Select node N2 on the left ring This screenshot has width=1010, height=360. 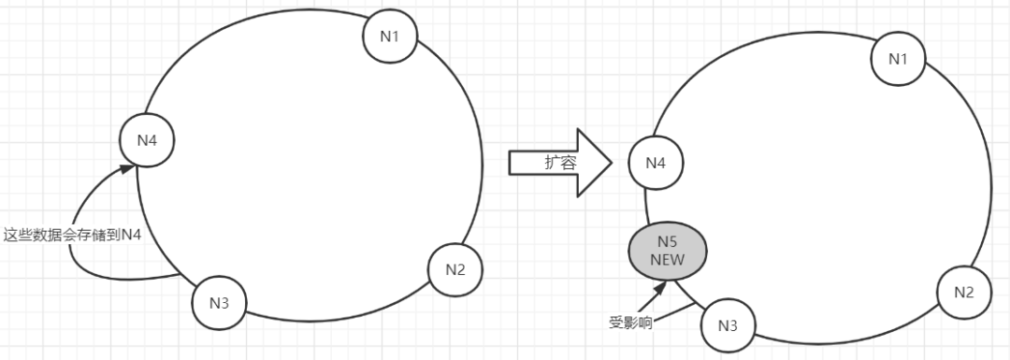455,270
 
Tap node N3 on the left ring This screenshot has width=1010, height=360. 219,301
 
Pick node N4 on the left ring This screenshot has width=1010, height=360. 148,141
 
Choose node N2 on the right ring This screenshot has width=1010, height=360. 963,291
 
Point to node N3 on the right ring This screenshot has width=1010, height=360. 727,324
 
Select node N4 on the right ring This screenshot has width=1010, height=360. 656,163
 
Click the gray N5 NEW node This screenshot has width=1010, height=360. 667,250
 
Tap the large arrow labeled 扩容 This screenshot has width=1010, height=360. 560,163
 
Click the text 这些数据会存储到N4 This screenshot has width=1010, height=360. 73,235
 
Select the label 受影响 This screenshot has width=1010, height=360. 629,323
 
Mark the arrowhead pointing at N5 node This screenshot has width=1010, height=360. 662,285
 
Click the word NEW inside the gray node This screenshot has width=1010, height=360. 667,258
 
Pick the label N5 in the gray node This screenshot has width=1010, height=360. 667,242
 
